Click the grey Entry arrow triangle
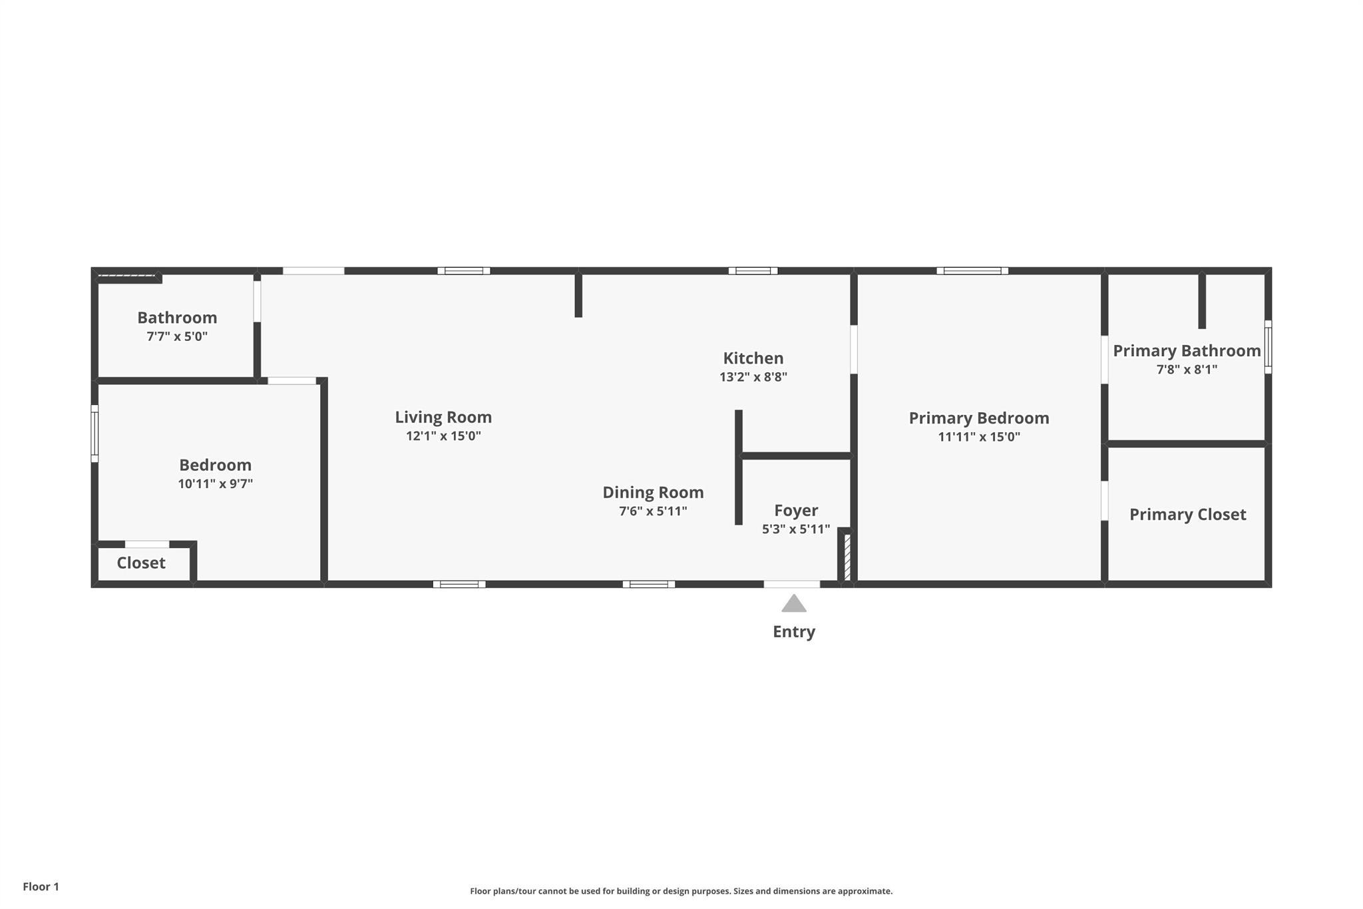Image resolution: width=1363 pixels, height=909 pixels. tap(793, 603)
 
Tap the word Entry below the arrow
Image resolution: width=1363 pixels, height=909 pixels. tap(793, 631)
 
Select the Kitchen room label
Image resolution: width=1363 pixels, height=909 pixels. tap(753, 358)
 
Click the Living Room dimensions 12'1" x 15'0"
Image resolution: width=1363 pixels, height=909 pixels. tap(443, 436)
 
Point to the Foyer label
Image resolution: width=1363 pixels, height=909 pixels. tap(796, 511)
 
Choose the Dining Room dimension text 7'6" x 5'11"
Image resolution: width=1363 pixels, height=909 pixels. tap(653, 511)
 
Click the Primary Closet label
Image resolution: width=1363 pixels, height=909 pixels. tap(1187, 515)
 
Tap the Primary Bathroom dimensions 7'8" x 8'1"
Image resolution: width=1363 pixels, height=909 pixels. tap(1187, 370)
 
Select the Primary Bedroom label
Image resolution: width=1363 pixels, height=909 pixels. tap(978, 418)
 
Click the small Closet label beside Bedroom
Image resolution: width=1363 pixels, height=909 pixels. tap(141, 563)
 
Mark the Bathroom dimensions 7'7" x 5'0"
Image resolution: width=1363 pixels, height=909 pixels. tap(177, 336)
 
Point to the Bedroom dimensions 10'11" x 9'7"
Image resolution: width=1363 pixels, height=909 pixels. tap(215, 484)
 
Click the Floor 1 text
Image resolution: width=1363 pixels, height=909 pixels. tap(41, 886)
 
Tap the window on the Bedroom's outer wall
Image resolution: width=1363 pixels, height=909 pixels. tap(95, 434)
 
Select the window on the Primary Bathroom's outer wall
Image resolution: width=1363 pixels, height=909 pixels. tap(1268, 347)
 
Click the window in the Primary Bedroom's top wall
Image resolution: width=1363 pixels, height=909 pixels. tap(972, 271)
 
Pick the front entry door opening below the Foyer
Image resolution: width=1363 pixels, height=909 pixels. tap(791, 584)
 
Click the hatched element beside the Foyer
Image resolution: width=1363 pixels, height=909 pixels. tap(847, 557)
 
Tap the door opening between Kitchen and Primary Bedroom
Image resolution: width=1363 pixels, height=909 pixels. tap(854, 349)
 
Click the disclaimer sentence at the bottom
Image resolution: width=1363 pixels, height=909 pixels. tap(681, 891)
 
